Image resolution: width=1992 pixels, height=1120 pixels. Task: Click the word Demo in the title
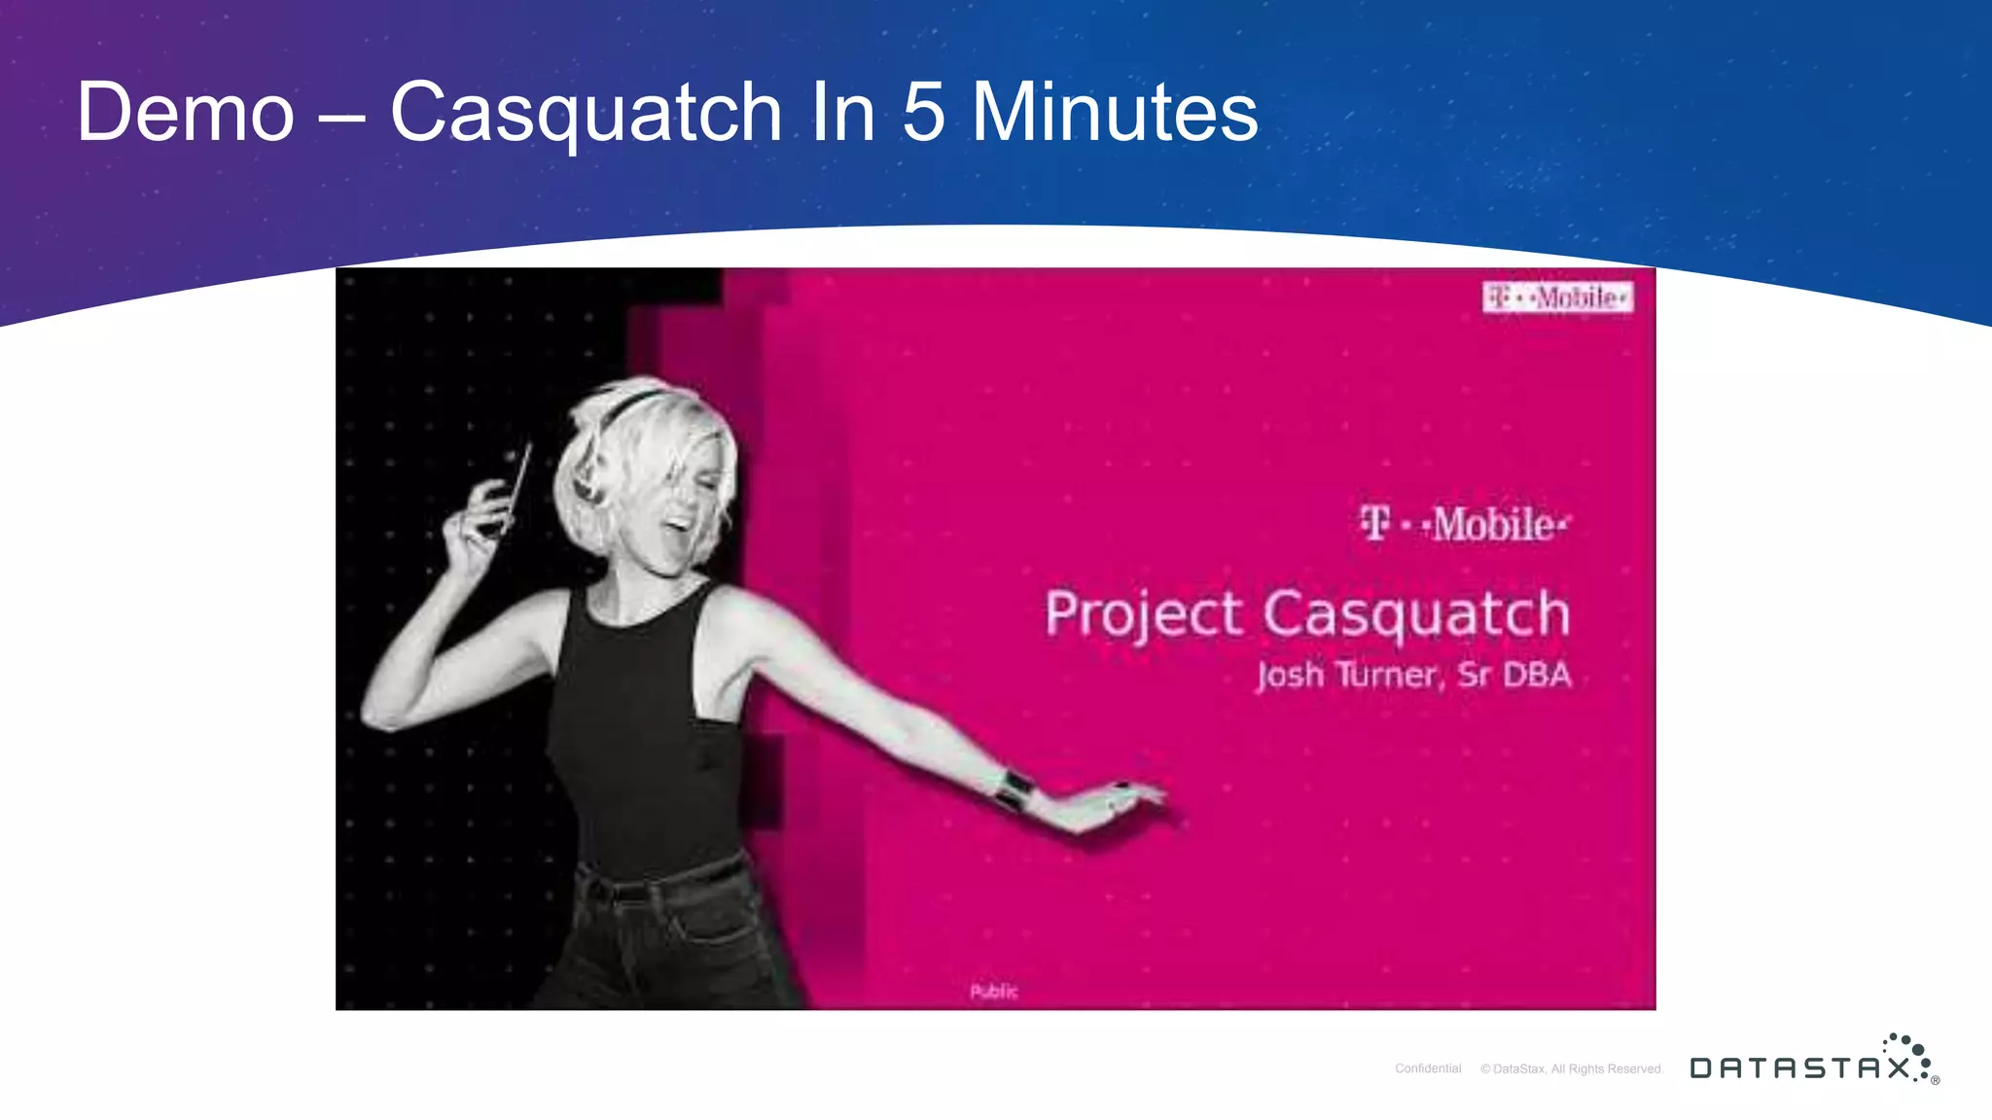click(185, 113)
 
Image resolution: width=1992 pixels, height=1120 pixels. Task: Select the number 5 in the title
click(923, 113)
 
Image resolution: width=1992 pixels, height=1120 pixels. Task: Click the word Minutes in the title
click(1115, 113)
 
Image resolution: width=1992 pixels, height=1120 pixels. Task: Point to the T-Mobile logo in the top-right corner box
click(1557, 297)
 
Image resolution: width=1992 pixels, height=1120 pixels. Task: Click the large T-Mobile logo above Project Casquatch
click(1464, 525)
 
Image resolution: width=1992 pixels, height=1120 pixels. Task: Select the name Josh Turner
click(1346, 674)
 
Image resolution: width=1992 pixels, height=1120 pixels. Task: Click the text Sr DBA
click(1514, 674)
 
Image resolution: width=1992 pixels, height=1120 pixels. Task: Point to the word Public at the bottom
click(993, 991)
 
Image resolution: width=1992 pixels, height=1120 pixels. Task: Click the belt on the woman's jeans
click(661, 881)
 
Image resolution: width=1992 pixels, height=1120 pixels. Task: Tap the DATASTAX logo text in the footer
click(1799, 1068)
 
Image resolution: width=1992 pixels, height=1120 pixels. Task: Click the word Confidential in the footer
click(1427, 1068)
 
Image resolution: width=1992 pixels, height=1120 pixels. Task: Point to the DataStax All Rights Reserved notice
click(1572, 1068)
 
